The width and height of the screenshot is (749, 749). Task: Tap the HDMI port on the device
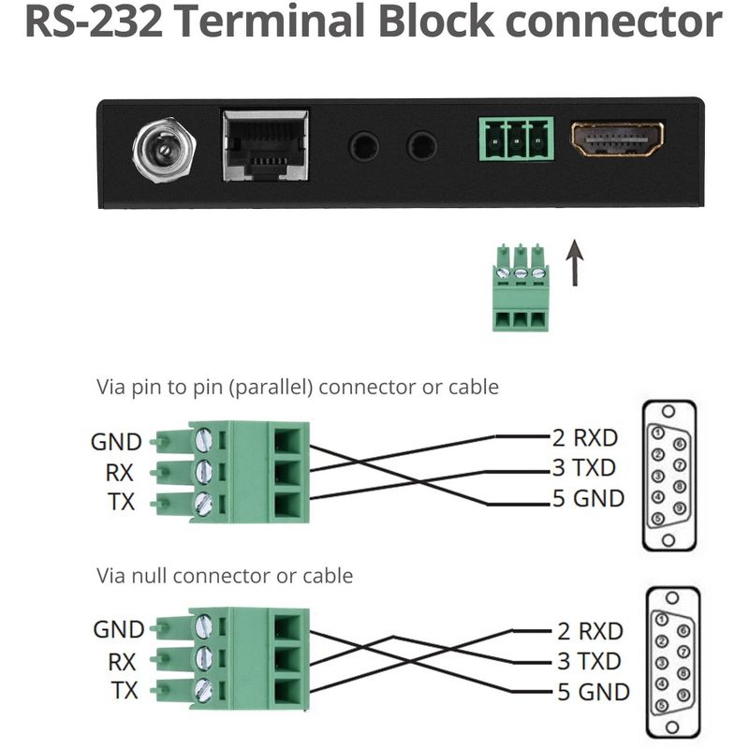point(618,140)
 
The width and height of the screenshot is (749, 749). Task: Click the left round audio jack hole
point(364,146)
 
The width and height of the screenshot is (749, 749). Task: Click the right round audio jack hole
point(421,146)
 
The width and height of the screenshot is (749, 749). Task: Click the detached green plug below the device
point(520,288)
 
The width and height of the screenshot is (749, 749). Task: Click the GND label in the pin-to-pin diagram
point(116,441)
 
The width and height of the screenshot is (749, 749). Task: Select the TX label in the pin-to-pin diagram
point(120,503)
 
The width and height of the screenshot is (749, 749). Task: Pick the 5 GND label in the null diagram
point(594,693)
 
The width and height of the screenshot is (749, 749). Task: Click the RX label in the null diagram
point(122,662)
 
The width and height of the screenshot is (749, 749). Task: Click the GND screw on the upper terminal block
point(203,440)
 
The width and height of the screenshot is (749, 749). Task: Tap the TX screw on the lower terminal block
point(203,691)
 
